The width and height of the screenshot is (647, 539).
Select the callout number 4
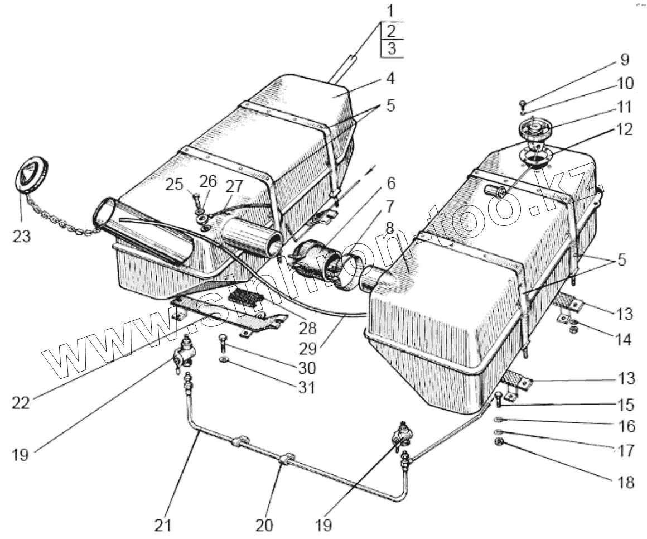(390, 78)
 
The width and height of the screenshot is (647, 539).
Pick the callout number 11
(625, 106)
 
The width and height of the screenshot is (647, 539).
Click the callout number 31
(306, 387)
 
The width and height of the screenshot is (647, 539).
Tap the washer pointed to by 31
(224, 359)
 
